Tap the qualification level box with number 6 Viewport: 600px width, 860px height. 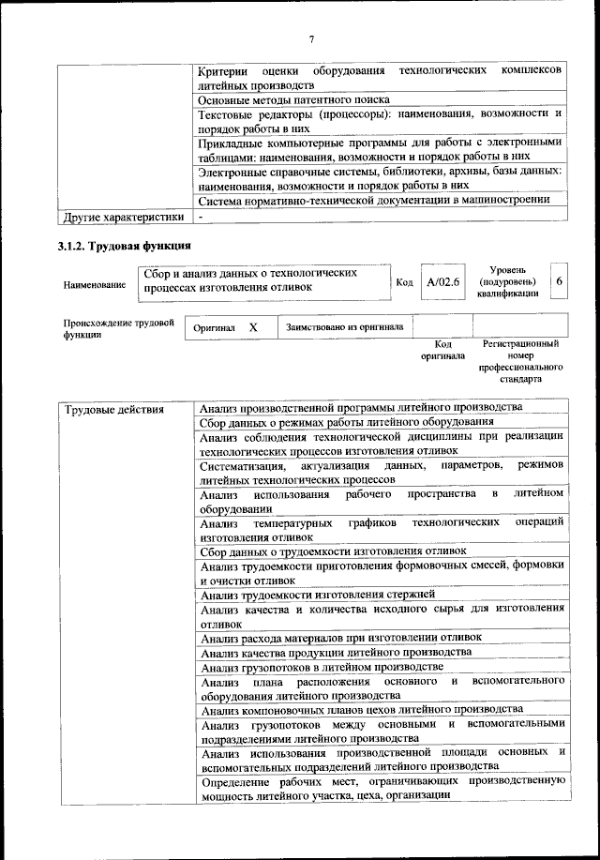tap(559, 281)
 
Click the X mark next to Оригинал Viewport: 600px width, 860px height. tap(253, 328)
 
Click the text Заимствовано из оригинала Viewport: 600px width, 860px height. tap(345, 328)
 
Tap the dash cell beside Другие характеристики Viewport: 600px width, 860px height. tap(201, 218)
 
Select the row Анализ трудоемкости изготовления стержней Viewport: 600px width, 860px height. tap(317, 595)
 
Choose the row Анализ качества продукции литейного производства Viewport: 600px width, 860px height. tap(335, 652)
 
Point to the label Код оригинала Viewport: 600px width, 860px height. tap(436, 351)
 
